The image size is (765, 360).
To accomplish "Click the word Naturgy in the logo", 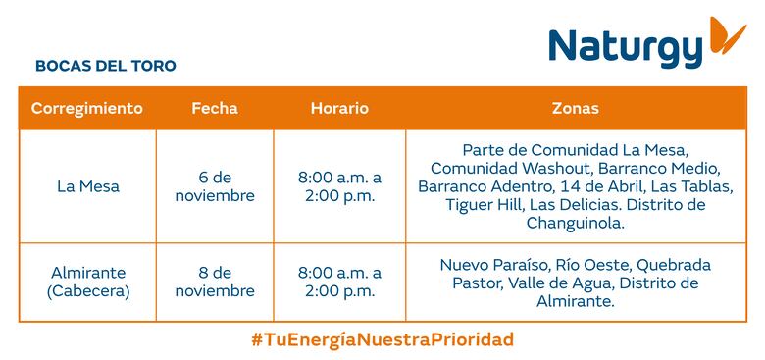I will pyautogui.click(x=626, y=47).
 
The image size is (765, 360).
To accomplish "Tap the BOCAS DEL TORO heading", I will pyautogui.click(x=105, y=66).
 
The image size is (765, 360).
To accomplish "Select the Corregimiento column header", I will pyautogui.click(x=87, y=108).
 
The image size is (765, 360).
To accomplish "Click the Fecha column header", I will pyautogui.click(x=214, y=108).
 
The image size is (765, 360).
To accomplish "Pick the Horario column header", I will pyautogui.click(x=339, y=108).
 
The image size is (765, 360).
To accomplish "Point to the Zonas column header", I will pyautogui.click(x=575, y=108).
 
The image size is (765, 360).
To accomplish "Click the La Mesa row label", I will pyautogui.click(x=87, y=186).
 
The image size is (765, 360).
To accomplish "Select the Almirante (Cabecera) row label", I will pyautogui.click(x=87, y=282).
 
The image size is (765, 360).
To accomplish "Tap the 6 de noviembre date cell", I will pyautogui.click(x=214, y=186).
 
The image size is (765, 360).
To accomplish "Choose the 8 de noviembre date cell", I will pyautogui.click(x=214, y=282).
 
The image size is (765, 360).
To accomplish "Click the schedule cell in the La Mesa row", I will pyautogui.click(x=339, y=186).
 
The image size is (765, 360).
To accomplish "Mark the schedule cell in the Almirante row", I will pyautogui.click(x=339, y=282).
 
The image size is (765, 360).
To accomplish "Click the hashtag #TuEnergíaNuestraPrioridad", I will pyautogui.click(x=382, y=339).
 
